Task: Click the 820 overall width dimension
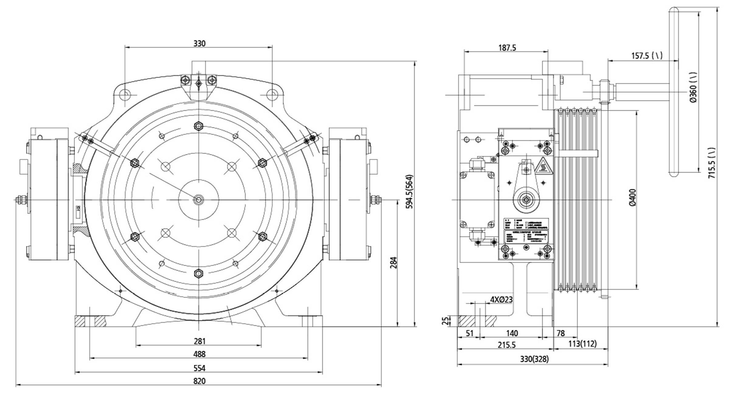click(200, 381)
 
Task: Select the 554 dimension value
click(200, 368)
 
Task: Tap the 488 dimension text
click(200, 354)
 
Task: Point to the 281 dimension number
click(200, 341)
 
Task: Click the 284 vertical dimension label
click(393, 263)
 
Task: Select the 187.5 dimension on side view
click(507, 48)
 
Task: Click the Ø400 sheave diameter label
click(633, 197)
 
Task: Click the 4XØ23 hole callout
click(501, 299)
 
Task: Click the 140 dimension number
click(512, 333)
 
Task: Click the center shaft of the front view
click(198, 200)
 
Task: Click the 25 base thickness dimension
click(446, 321)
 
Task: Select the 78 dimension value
click(560, 333)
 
